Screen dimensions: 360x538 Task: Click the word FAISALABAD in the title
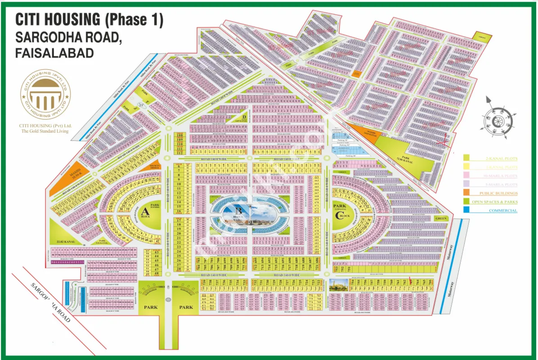tap(54, 54)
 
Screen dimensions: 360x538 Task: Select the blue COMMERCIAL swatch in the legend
tap(466, 210)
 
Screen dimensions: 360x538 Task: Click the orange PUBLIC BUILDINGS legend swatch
tap(466, 193)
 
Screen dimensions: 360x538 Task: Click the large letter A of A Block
tap(145, 211)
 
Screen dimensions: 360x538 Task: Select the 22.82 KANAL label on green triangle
tap(65, 241)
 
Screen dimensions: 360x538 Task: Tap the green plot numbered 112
tap(180, 152)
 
